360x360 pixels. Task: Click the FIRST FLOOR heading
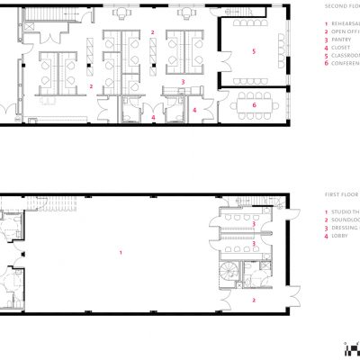(x=343, y=193)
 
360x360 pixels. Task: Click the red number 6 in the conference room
(x=255, y=105)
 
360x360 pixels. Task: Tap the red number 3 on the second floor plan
(x=183, y=82)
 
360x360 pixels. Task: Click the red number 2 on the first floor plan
(x=255, y=300)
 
